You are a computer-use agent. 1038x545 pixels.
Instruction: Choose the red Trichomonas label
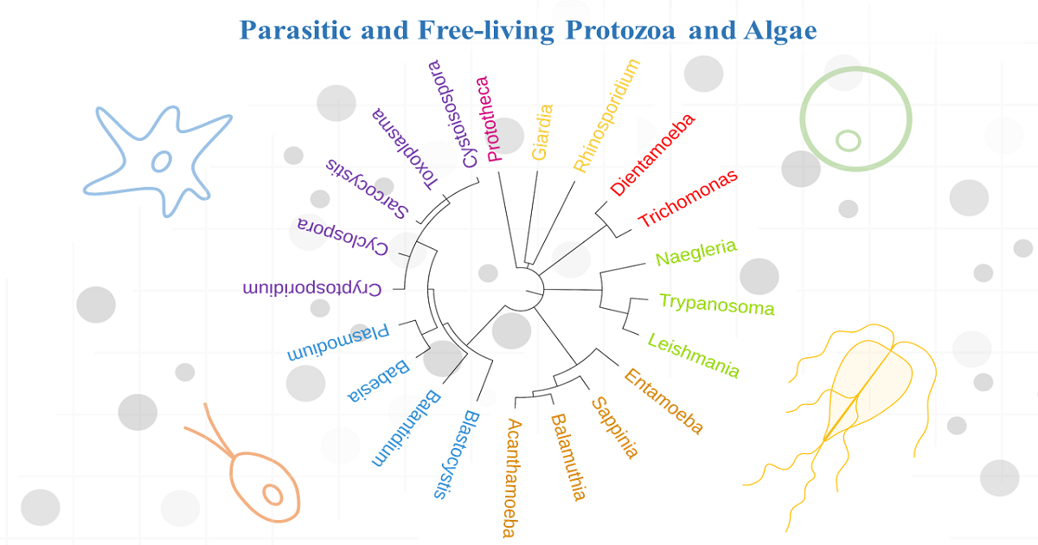click(689, 198)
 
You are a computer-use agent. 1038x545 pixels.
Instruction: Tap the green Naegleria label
click(696, 253)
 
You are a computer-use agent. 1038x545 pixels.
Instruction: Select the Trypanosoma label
click(716, 305)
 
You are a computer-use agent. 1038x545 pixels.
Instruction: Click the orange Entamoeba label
click(663, 401)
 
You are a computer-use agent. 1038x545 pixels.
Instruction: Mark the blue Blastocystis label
click(458, 454)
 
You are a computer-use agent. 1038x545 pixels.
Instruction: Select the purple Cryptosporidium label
click(312, 288)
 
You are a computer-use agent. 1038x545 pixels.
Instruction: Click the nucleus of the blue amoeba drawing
click(162, 161)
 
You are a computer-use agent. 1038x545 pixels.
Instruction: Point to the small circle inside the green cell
click(849, 139)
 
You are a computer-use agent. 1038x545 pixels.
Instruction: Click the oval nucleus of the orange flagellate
click(272, 495)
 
